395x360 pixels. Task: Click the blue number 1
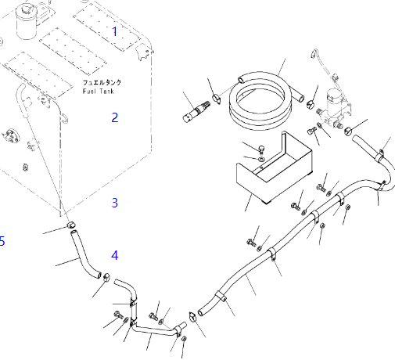tap(115, 31)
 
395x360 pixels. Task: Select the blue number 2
tap(115, 117)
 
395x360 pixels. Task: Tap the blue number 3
tap(115, 203)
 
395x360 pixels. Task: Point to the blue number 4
tap(115, 255)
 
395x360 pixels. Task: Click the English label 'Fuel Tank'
tap(99, 92)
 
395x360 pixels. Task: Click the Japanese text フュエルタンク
tap(102, 82)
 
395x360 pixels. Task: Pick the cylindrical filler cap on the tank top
tap(27, 22)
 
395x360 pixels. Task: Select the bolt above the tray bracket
tap(261, 149)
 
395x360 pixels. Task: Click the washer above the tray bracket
tap(261, 159)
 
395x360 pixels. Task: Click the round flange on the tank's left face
tap(11, 135)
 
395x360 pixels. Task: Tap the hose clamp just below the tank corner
tap(71, 225)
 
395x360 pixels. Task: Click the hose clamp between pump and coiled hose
tap(310, 104)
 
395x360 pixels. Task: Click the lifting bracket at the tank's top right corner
tap(143, 52)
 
